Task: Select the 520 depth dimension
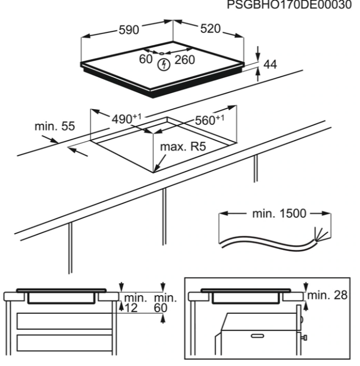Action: click(x=210, y=29)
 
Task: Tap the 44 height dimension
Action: click(x=270, y=64)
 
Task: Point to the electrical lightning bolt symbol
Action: click(x=165, y=64)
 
